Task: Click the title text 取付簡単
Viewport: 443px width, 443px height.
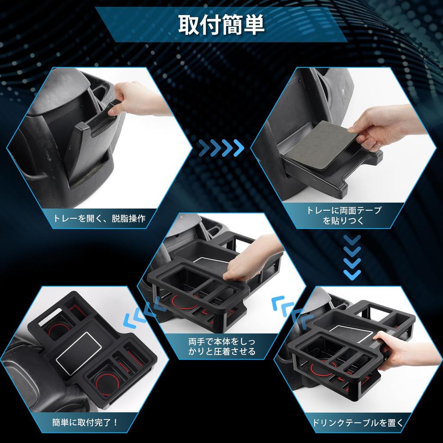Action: (221, 26)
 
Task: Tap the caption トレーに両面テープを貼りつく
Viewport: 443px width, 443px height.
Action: (344, 215)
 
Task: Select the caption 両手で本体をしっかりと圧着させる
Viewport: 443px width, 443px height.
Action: (222, 346)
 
